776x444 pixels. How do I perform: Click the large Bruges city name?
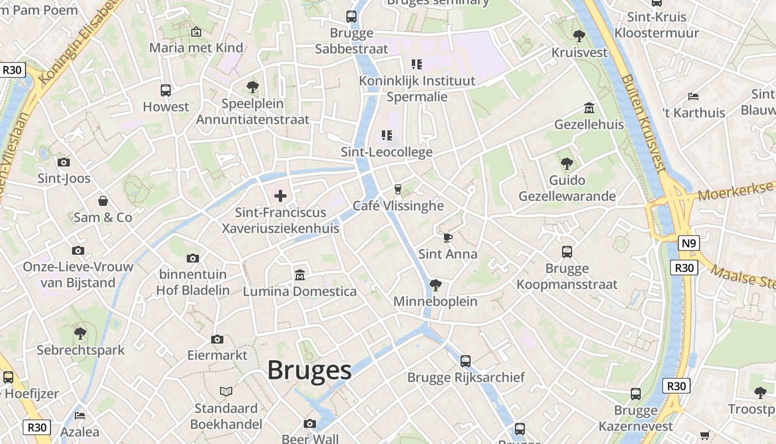[x=309, y=370]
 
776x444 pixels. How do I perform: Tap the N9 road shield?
[x=688, y=243]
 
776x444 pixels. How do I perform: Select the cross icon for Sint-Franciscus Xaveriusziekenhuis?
[x=280, y=195]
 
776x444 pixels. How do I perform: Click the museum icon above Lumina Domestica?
[x=300, y=275]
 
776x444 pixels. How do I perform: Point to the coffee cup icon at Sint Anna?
[x=448, y=238]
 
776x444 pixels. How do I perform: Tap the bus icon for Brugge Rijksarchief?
[x=466, y=361]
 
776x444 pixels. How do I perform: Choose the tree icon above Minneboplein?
[x=436, y=285]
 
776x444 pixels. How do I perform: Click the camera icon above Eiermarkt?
[x=217, y=339]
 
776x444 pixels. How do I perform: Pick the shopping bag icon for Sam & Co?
[x=103, y=200]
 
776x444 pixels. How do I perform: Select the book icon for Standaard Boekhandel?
[x=226, y=392]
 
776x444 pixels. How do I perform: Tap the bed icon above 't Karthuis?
[x=693, y=96]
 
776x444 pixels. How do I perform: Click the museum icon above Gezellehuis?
[x=589, y=108]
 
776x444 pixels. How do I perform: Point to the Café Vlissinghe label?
[x=399, y=206]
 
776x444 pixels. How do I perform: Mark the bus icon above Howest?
[x=166, y=90]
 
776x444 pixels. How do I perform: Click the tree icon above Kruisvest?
[x=579, y=36]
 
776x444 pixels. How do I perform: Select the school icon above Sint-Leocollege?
[x=387, y=135]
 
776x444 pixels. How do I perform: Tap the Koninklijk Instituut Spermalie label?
[x=417, y=89]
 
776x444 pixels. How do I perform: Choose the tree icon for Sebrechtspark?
[x=80, y=334]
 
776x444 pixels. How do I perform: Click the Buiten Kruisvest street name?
[x=642, y=122]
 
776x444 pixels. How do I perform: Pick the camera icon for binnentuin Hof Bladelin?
[x=193, y=258]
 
